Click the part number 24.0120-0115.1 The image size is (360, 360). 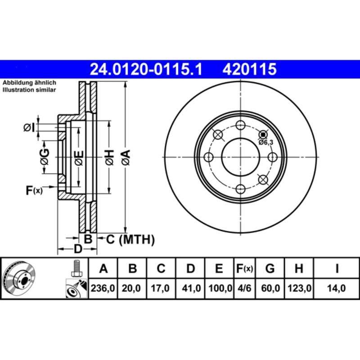click(147, 69)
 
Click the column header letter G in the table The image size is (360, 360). click(270, 269)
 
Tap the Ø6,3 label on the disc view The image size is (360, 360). click(266, 142)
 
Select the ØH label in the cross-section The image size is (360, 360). click(109, 157)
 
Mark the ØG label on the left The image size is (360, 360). click(44, 157)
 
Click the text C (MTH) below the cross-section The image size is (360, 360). click(130, 239)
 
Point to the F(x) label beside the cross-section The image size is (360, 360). click(34, 191)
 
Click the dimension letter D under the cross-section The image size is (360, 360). click(78, 249)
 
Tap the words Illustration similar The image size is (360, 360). click(29, 90)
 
